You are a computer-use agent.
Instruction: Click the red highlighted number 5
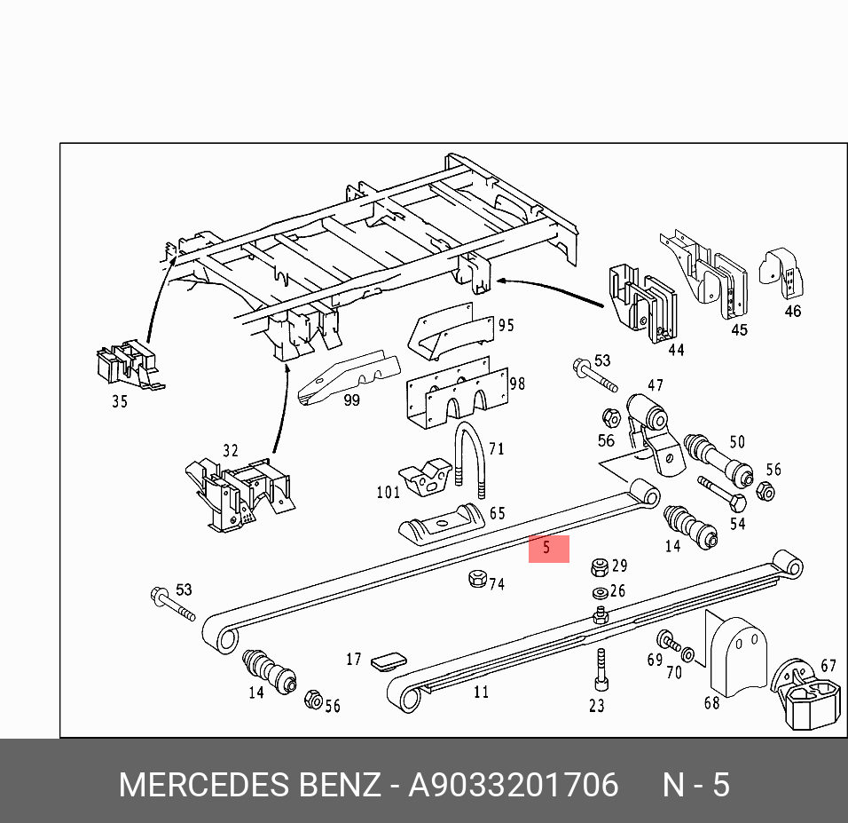point(548,548)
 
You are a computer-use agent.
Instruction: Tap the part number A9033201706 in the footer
point(513,785)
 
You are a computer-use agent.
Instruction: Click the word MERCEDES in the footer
point(203,785)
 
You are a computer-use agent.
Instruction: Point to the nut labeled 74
point(475,580)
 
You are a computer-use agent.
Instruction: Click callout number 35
point(120,401)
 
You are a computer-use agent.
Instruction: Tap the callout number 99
point(351,400)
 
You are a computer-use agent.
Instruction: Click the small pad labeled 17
point(389,660)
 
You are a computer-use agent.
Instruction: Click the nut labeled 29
point(600,566)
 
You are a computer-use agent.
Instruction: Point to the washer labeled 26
point(600,592)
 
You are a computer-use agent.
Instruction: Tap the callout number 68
point(711,703)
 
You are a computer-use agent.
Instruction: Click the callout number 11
point(481,692)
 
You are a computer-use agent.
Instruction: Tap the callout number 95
point(506,326)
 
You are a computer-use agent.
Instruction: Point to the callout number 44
point(676,350)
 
